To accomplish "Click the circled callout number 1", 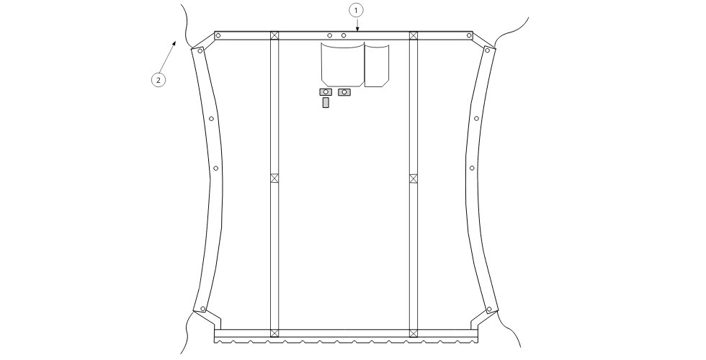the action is pos(356,10).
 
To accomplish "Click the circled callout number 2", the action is pos(158,80).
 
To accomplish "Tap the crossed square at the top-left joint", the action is pos(274,35).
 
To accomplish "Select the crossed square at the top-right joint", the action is pos(414,35).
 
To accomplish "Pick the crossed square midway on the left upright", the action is pos(274,179).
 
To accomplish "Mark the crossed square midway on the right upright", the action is pos(414,179).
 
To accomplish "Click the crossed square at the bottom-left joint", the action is pos(274,333).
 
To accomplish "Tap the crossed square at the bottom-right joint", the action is pos(414,333).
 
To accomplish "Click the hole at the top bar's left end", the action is pos(218,35).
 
